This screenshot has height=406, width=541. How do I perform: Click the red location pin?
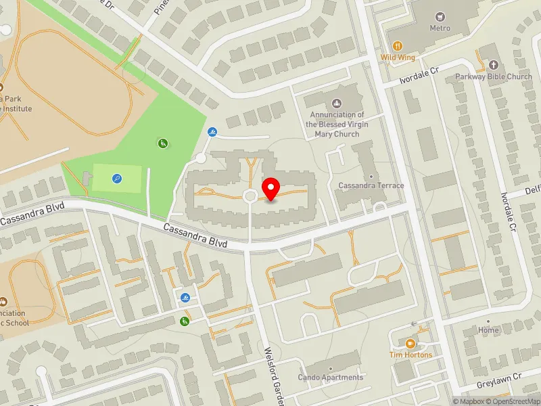point(271,189)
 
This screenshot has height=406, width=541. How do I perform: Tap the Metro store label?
point(440,29)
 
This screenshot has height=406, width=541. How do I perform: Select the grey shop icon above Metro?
point(440,16)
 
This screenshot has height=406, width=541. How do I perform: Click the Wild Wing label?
point(398,58)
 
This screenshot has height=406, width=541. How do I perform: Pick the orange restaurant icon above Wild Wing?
point(398,45)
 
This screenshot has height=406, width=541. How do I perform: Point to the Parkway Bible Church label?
point(494,76)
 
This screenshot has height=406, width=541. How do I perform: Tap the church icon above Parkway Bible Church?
point(493,65)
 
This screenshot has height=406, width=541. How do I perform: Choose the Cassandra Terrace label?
point(371,185)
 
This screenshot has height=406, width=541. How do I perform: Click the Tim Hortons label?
point(410,355)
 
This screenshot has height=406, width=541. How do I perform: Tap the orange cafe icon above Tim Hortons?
point(410,342)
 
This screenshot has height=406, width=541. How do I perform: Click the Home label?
point(488,331)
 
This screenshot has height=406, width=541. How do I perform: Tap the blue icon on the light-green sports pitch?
point(117,179)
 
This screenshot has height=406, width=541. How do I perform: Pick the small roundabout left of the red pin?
point(249,196)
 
